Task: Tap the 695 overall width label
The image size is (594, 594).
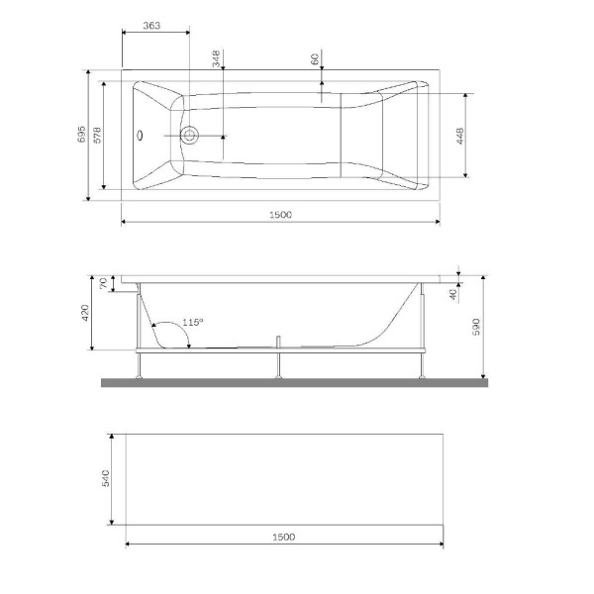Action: click(x=83, y=137)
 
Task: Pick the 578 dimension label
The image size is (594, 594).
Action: click(x=98, y=137)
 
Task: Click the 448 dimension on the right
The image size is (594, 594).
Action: click(x=461, y=136)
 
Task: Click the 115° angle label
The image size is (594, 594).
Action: click(x=193, y=323)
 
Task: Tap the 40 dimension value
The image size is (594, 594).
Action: click(x=452, y=293)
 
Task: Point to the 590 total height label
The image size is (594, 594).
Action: click(x=476, y=326)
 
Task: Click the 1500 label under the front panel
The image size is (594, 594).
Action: click(x=282, y=537)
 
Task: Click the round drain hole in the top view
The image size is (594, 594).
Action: click(x=189, y=135)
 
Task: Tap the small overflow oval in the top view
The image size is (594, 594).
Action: click(x=140, y=135)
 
